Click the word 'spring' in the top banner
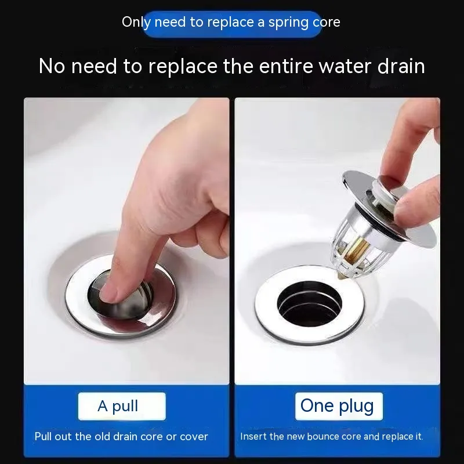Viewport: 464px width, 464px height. point(284,23)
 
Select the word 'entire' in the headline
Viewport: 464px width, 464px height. point(285,66)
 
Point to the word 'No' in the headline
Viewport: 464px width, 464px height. point(52,66)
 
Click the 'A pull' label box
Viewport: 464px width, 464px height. point(122,406)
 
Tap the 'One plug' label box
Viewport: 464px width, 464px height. point(339,406)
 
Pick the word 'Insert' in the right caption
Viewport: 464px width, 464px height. point(250,437)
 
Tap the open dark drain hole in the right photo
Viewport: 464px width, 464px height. point(310,304)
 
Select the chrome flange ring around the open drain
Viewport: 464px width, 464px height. point(310,305)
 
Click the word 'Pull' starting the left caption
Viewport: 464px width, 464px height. point(43,437)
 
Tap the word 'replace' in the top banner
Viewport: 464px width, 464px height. point(230,23)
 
